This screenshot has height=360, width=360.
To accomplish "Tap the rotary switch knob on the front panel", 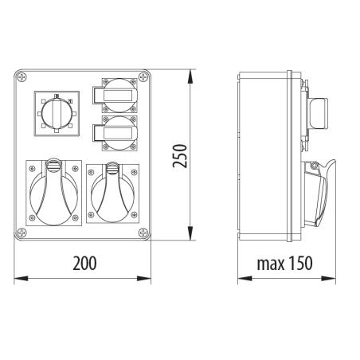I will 54,112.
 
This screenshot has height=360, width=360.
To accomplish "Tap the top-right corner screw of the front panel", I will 143,77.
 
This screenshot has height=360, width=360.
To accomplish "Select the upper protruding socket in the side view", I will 318,113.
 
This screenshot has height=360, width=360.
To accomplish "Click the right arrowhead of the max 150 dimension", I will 332,279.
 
